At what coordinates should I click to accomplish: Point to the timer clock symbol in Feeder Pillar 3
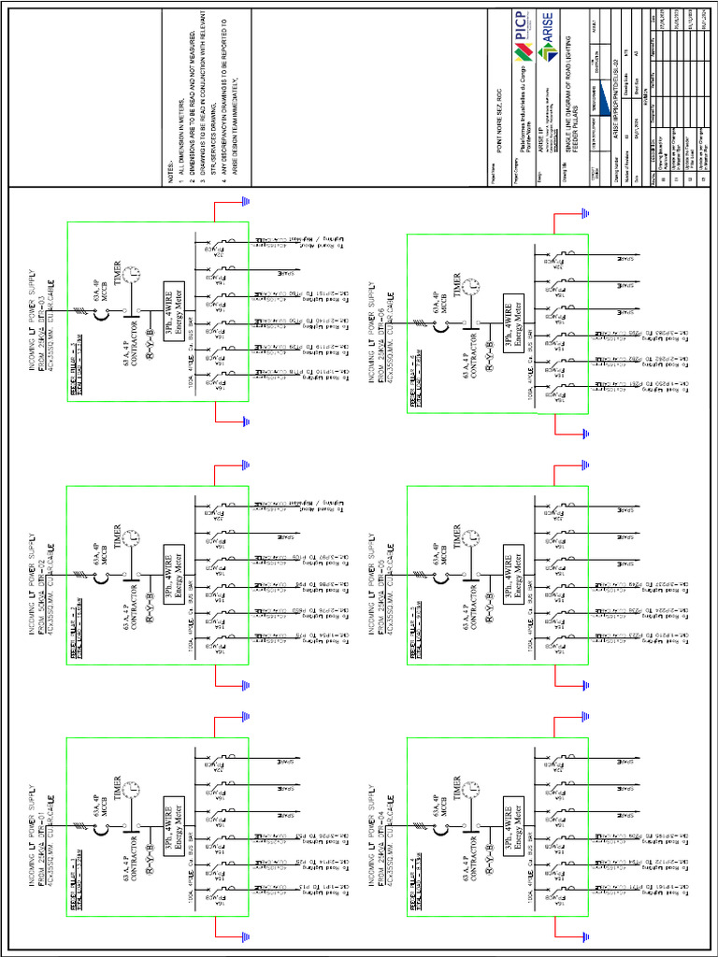pyautogui.click(x=135, y=273)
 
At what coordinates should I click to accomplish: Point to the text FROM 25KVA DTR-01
pyautogui.click(x=45, y=823)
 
